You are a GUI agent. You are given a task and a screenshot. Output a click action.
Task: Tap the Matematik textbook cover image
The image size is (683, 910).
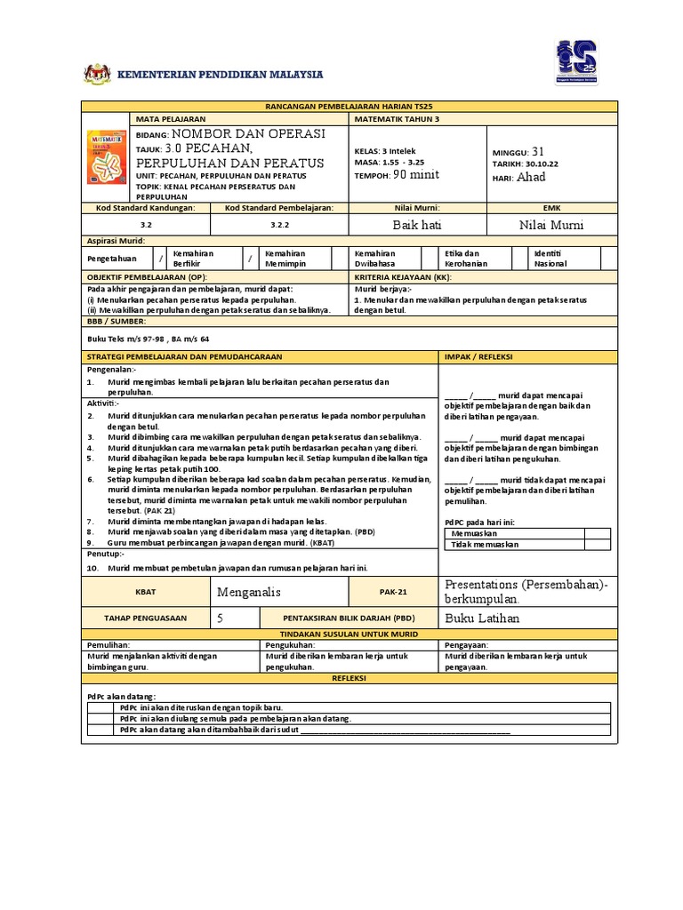coord(107,157)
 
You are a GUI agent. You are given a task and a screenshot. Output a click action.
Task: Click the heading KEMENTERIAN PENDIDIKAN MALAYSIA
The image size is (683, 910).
coord(221,74)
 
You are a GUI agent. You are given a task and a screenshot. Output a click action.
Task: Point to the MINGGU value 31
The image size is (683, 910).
coord(537,152)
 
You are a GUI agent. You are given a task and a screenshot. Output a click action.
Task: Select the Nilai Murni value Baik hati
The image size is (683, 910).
coord(417,226)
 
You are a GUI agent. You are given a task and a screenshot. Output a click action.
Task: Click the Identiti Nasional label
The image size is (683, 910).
coord(551,259)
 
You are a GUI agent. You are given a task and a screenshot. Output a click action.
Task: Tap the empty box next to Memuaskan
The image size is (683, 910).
coord(597,533)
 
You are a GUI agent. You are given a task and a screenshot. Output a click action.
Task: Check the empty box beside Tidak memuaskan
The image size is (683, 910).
coord(597,544)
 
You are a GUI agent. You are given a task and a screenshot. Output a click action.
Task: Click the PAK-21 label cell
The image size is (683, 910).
coord(392,591)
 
